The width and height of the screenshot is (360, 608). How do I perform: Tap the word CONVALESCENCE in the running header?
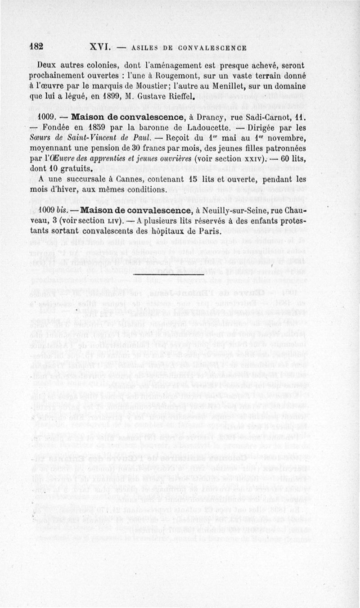click(211, 48)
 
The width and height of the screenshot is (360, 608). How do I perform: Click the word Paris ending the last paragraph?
click(210, 232)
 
